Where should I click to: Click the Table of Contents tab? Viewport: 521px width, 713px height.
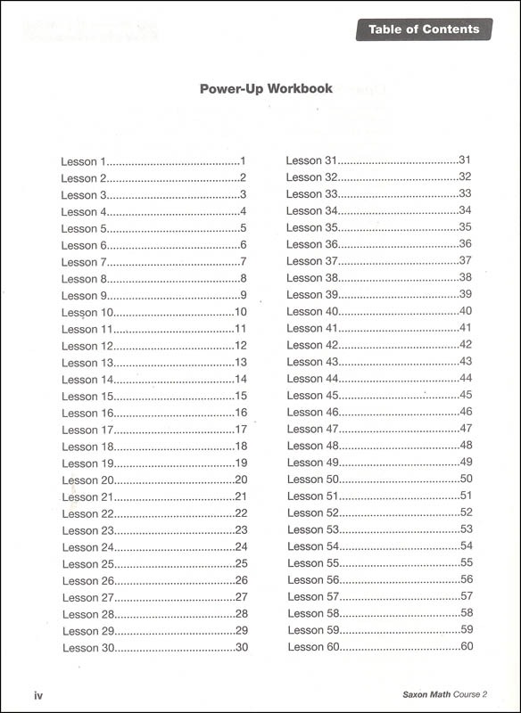tap(424, 29)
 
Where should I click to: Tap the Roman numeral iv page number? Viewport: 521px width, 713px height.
tap(38, 695)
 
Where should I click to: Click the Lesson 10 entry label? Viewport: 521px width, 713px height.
tap(87, 313)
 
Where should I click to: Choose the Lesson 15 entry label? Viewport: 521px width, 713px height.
tap(87, 397)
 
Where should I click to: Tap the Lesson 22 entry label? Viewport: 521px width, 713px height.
tap(87, 513)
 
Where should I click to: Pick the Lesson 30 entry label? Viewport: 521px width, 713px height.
tap(88, 648)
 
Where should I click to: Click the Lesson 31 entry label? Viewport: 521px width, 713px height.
tap(311, 160)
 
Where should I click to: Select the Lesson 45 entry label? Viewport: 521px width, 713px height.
tap(312, 395)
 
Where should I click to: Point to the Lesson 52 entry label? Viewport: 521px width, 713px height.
tap(313, 512)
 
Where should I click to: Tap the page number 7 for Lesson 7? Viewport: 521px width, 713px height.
tap(243, 262)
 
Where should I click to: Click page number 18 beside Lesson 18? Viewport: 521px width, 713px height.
tap(241, 447)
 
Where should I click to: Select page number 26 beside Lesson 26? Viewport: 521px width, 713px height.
tap(241, 580)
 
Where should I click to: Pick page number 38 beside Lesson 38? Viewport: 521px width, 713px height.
tap(465, 277)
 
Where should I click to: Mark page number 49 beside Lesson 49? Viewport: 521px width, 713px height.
tap(465, 462)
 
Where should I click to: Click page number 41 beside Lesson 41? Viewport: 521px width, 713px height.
tap(465, 328)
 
